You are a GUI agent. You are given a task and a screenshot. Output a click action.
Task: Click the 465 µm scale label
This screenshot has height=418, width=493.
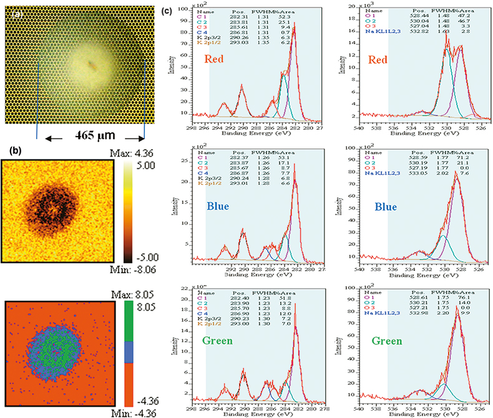coord(91,136)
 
